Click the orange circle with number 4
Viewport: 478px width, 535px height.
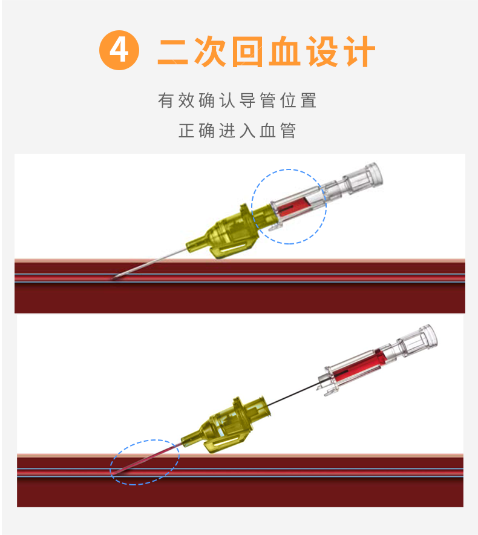coord(119,50)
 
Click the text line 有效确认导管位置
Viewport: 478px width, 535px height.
coord(238,100)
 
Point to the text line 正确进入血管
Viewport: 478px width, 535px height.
coord(238,131)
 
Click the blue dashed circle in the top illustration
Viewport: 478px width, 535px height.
coord(289,206)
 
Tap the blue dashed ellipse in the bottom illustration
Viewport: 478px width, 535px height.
coord(145,462)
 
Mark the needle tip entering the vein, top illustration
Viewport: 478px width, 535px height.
coord(116,278)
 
